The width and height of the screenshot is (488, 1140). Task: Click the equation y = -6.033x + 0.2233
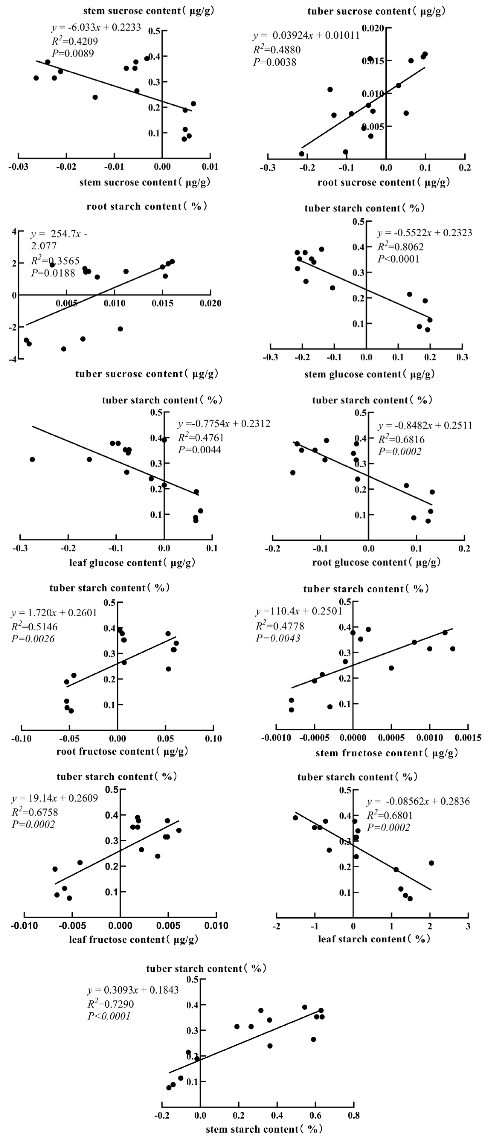(96, 28)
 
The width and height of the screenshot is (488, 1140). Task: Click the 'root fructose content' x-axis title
(122, 751)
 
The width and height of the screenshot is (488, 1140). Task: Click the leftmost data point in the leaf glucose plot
(32, 459)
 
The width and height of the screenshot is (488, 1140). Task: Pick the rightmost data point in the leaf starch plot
(431, 863)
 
